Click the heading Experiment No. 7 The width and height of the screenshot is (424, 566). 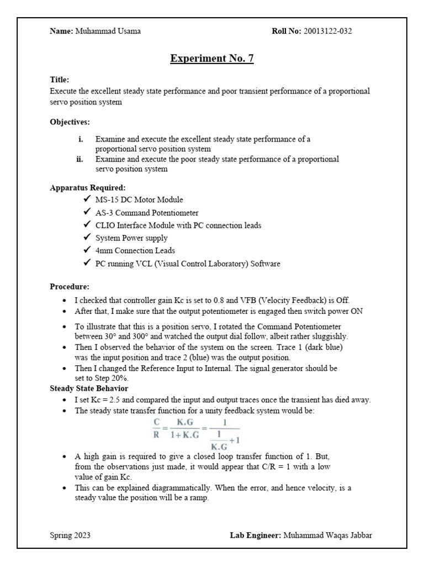[x=212, y=59]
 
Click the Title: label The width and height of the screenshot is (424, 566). [x=60, y=80]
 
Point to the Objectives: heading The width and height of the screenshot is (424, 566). [x=70, y=122]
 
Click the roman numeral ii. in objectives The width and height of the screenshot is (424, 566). [x=79, y=159]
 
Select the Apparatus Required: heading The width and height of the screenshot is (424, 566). [x=88, y=187]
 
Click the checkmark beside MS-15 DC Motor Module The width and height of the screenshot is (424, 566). [x=87, y=199]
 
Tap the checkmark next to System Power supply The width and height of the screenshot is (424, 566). [x=87, y=238]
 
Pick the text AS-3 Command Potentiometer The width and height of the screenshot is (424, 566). [x=147, y=212]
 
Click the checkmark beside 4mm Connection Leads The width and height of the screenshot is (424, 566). [x=87, y=250]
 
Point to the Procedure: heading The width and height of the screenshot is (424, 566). [x=70, y=287]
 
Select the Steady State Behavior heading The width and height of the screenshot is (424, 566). [x=89, y=387]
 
